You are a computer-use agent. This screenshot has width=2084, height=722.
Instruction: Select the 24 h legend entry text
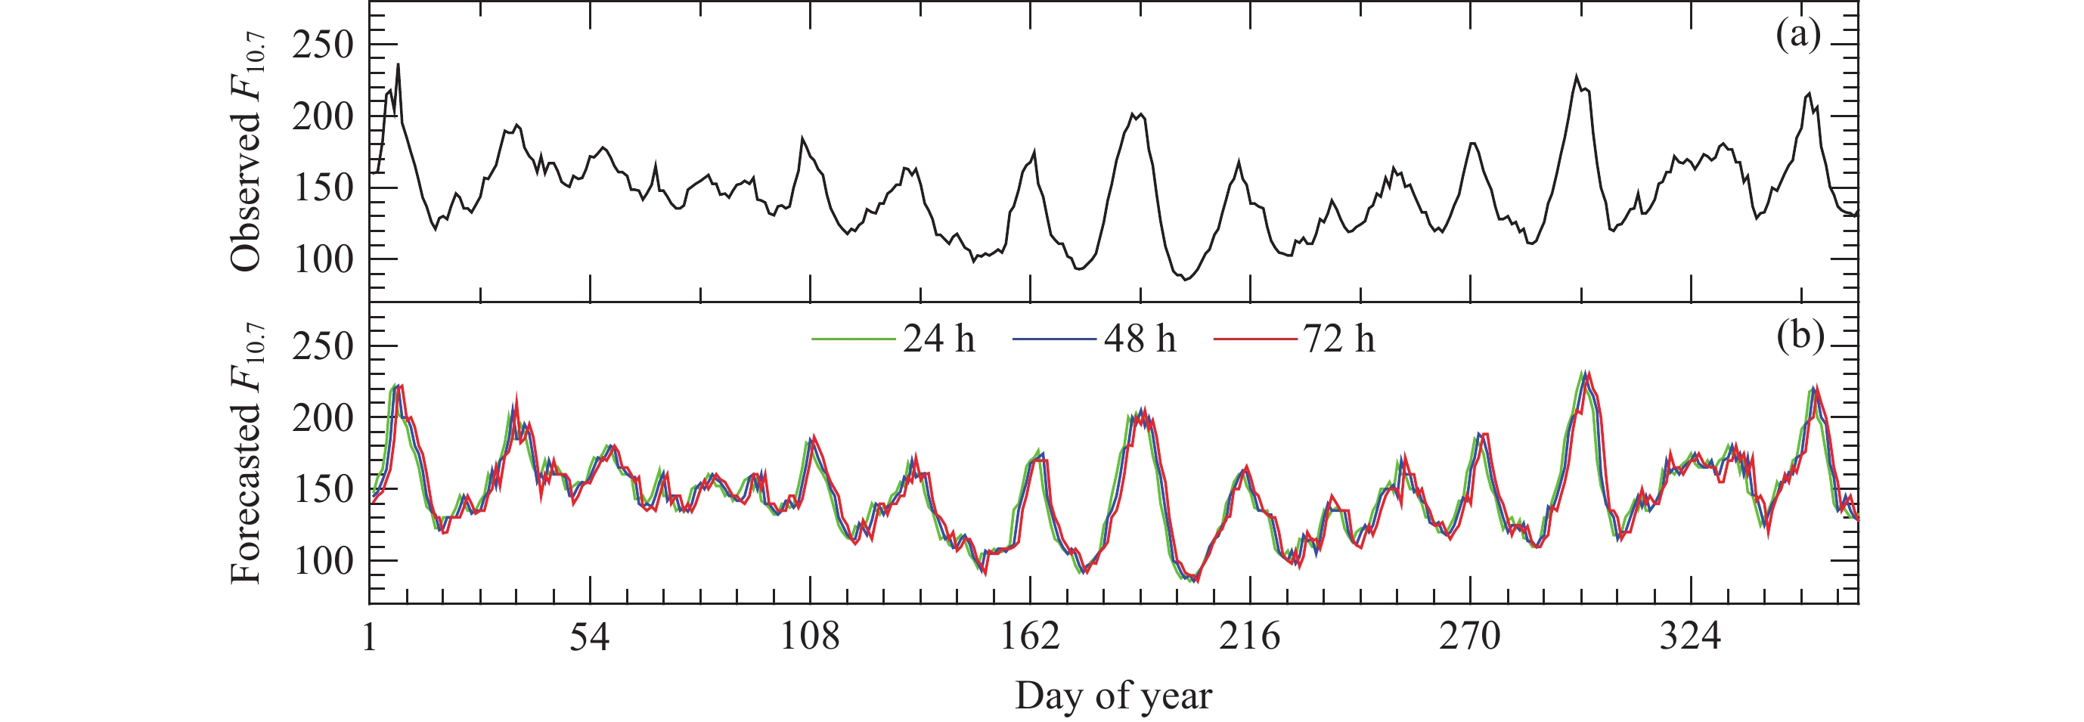[x=938, y=339]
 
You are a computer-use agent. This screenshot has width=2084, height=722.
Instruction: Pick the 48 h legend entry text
[x=1139, y=339]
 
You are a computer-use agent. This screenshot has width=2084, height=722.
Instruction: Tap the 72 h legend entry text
[x=1339, y=339]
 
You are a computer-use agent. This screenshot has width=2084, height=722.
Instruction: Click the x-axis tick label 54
[x=589, y=638]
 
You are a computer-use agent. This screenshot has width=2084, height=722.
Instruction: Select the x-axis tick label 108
[x=809, y=638]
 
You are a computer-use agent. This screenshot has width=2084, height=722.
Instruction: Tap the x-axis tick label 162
[x=1030, y=638]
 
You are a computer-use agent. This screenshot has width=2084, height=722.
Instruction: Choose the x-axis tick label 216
[x=1250, y=638]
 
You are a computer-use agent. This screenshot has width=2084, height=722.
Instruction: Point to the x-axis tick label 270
[x=1469, y=638]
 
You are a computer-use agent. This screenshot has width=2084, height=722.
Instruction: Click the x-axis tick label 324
[x=1690, y=638]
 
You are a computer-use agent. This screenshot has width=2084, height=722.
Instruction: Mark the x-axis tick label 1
[x=370, y=638]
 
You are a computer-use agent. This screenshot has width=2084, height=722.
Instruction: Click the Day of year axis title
[x=1113, y=696]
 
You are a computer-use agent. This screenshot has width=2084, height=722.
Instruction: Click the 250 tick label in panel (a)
[x=323, y=45]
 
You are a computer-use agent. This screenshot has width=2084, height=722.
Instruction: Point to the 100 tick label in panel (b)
[x=323, y=561]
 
